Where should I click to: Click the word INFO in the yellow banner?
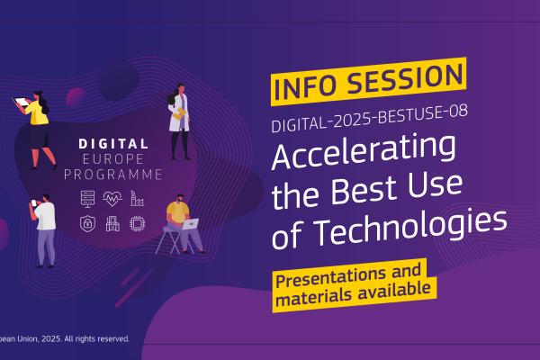[x=305, y=86]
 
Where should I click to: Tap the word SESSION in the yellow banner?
[x=405, y=78]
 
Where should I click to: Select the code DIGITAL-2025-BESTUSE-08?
[x=369, y=118]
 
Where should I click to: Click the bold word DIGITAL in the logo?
[x=113, y=144]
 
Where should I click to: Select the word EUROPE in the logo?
[x=113, y=158]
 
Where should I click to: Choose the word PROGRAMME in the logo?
[x=113, y=175]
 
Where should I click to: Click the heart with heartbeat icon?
[x=112, y=199]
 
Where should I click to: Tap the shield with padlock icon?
[x=88, y=224]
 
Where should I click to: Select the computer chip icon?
[x=137, y=224]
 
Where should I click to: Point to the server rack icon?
[x=88, y=199]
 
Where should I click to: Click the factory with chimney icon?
[x=137, y=199]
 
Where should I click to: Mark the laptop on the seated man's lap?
[x=191, y=224]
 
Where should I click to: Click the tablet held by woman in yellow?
[x=22, y=102]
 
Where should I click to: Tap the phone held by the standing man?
[x=34, y=202]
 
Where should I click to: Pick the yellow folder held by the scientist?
[x=179, y=114]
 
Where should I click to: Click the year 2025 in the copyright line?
[x=51, y=339]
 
